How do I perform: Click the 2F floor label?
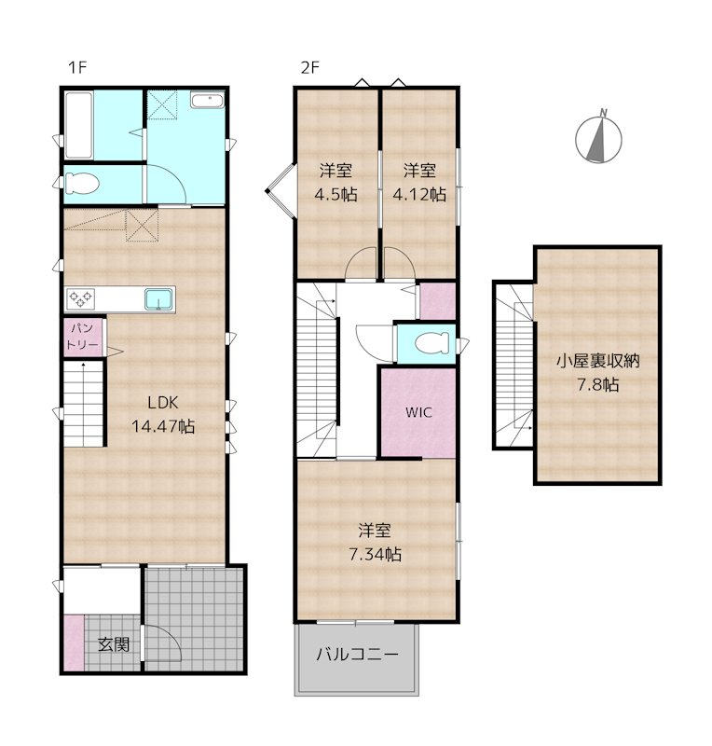[309, 67]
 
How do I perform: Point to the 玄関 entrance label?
[114, 643]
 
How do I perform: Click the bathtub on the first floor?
[77, 125]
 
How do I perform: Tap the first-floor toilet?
[81, 184]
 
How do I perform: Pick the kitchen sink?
[157, 299]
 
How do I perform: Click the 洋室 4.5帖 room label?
[336, 182]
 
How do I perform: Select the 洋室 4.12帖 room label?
[419, 182]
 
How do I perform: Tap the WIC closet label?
[418, 411]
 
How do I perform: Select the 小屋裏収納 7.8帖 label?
[596, 371]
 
